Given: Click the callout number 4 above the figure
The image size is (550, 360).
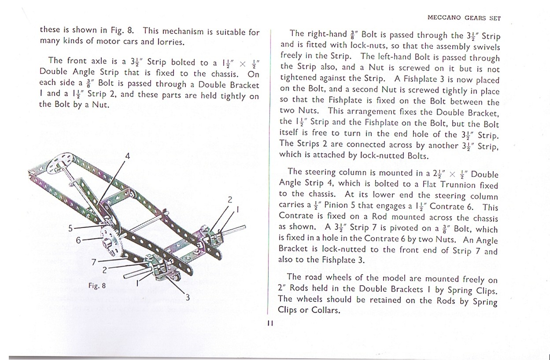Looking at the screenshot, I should [x=127, y=156].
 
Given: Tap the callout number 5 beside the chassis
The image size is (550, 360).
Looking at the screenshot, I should [x=70, y=228].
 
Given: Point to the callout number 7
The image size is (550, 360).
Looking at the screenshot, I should [x=94, y=261].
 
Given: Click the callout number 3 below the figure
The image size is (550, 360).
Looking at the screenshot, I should [x=187, y=298].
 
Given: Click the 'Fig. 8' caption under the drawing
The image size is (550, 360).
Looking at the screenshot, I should [x=97, y=286].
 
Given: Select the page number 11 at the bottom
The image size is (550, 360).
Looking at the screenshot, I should [x=270, y=323].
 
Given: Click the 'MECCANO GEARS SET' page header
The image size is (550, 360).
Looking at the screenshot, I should [x=464, y=18].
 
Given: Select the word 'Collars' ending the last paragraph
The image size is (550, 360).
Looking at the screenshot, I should [x=326, y=310].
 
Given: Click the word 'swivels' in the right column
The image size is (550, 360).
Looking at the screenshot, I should [x=485, y=46].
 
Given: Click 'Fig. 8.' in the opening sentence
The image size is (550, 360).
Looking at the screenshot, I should [x=122, y=31].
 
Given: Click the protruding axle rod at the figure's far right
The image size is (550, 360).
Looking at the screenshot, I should [x=236, y=229].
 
